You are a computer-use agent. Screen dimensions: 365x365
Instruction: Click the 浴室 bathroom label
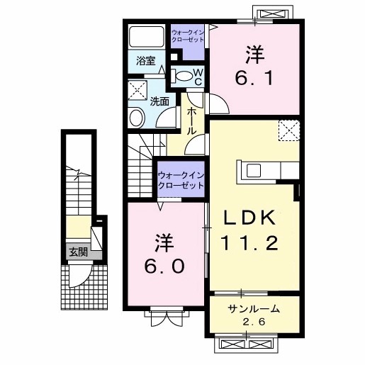(146, 62)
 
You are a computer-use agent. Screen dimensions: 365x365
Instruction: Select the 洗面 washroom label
(159, 101)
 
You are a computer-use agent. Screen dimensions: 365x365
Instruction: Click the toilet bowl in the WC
(183, 77)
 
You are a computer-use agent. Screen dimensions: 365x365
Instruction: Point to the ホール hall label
(192, 121)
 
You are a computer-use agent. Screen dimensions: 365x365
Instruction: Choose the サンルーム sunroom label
(253, 309)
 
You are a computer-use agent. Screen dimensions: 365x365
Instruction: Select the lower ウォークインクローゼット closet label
(180, 179)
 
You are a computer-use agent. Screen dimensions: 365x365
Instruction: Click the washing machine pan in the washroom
(137, 90)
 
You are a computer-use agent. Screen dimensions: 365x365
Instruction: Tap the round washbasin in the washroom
(137, 118)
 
